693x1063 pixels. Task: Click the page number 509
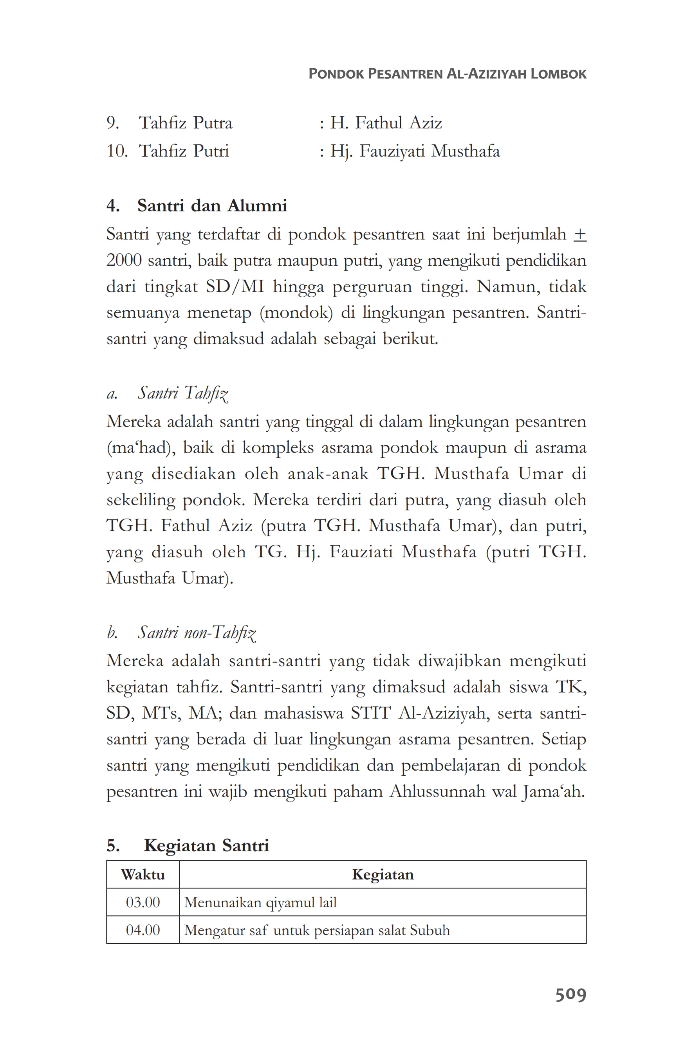point(570,995)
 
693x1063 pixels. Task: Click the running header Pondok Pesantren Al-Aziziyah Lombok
point(447,74)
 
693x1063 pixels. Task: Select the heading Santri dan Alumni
point(212,206)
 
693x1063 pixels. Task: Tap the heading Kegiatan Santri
point(206,845)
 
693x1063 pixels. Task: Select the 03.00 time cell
point(143,902)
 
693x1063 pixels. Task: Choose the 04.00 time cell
point(143,930)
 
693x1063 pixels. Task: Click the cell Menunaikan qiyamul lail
point(260,903)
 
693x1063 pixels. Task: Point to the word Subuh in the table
point(430,930)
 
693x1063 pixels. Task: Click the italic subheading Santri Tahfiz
point(183,393)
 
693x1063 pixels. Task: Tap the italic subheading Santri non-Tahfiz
point(197,633)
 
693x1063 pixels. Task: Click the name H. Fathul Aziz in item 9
point(386,123)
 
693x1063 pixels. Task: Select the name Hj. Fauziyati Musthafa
point(415,151)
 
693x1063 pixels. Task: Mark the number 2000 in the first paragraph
point(124,260)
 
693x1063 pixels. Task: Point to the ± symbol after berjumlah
point(579,234)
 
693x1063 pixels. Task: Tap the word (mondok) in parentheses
point(296,313)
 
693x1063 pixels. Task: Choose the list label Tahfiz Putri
point(184,151)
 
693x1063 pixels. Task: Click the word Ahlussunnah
point(437,792)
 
